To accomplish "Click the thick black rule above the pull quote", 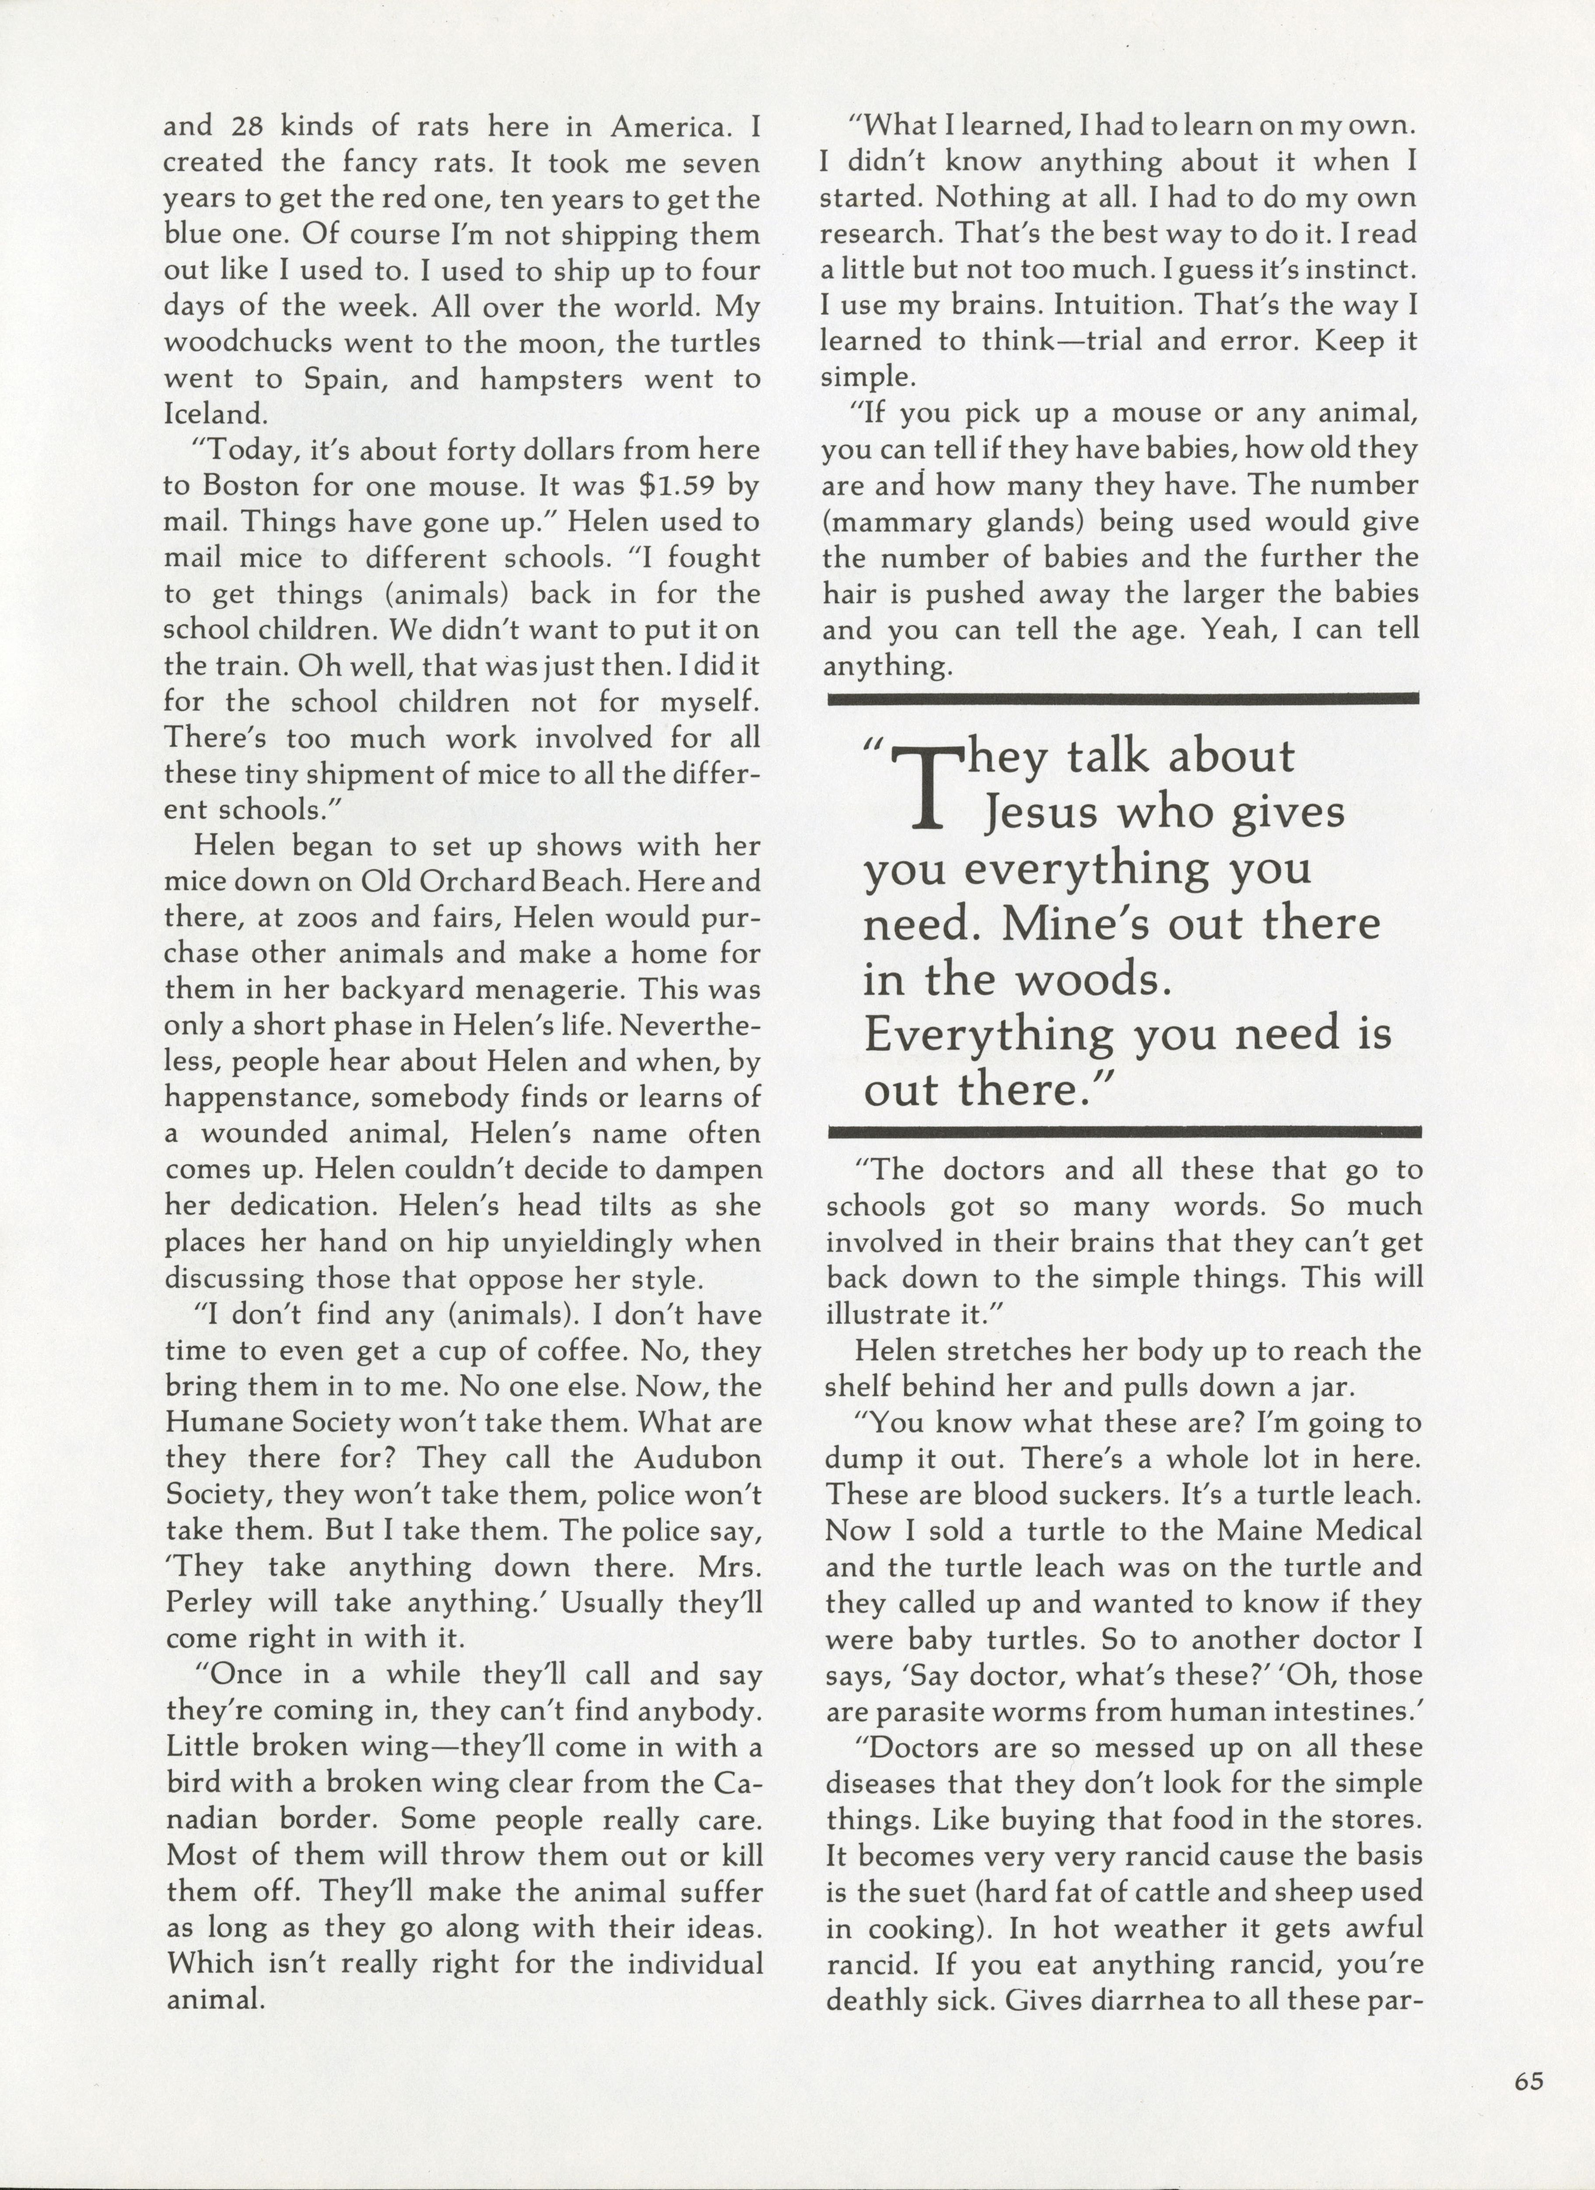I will (1123, 697).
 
